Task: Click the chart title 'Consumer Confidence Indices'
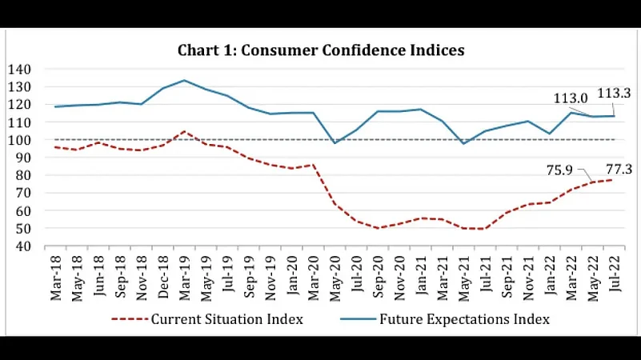(x=321, y=50)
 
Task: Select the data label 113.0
(x=571, y=98)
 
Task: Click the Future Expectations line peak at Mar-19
(x=185, y=80)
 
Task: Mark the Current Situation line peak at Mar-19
(x=185, y=131)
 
